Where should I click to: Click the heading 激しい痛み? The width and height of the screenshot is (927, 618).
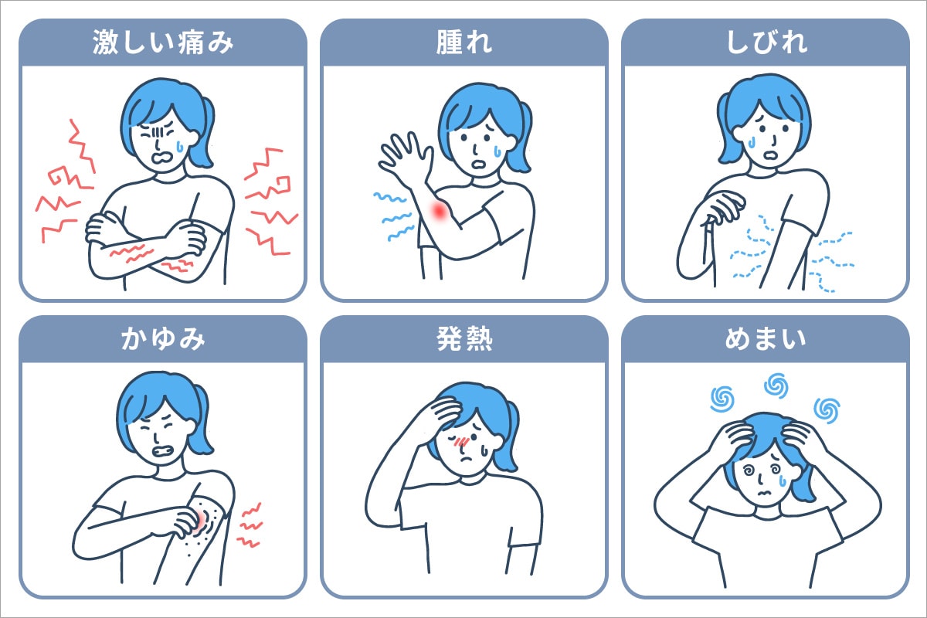pos(163,43)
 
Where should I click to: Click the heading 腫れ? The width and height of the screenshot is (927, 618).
pos(463,43)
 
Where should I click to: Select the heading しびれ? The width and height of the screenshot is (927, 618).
pos(765,43)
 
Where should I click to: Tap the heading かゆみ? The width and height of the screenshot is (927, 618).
pos(163,340)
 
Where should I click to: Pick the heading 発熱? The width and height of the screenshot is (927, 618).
pos(463,340)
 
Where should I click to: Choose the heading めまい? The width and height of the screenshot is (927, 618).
pos(765,340)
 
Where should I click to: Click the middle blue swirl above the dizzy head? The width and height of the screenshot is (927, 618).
pos(775,384)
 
